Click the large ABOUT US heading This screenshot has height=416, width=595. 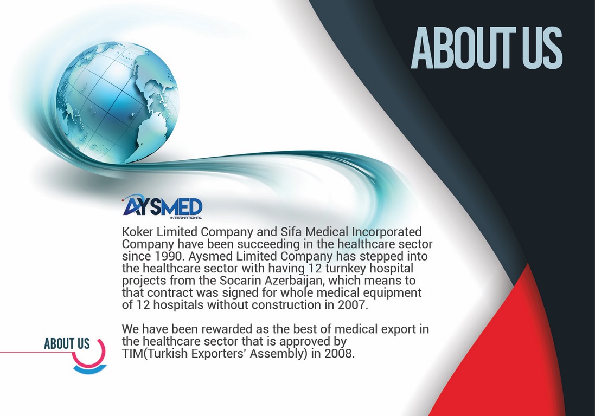(x=487, y=48)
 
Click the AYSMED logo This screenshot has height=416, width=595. (x=162, y=207)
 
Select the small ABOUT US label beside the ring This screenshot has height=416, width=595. (x=67, y=343)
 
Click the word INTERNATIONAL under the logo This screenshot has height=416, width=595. (x=186, y=217)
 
